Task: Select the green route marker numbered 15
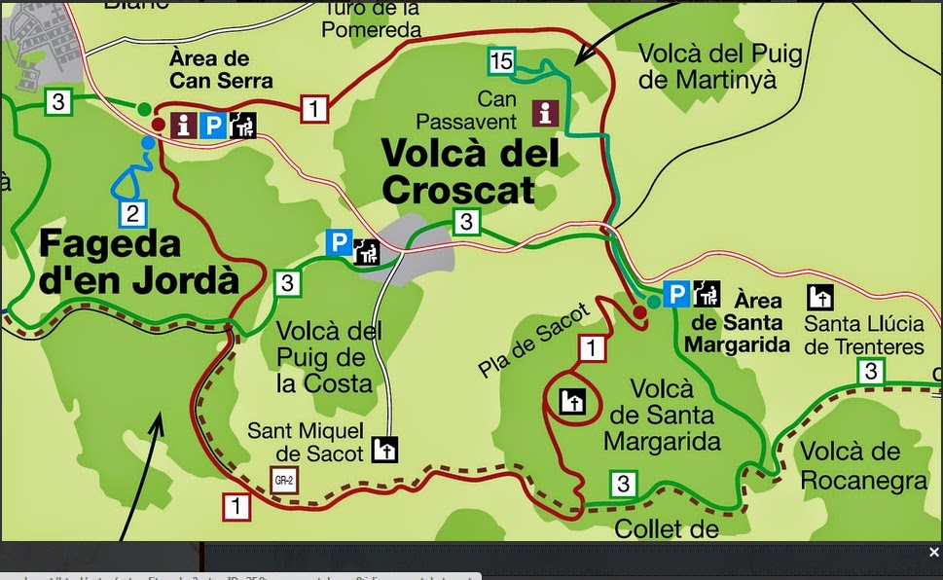(501, 62)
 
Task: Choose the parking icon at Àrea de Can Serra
(213, 125)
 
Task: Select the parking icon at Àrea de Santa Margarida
(675, 293)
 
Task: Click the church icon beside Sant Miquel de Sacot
(385, 450)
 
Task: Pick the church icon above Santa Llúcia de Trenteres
(820, 296)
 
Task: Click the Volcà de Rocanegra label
(862, 465)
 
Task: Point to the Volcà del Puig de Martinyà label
(721, 65)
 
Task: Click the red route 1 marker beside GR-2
(236, 506)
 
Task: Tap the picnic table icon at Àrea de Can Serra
(243, 125)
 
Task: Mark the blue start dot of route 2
(148, 143)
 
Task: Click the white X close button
(933, 552)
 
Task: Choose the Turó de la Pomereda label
(372, 18)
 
